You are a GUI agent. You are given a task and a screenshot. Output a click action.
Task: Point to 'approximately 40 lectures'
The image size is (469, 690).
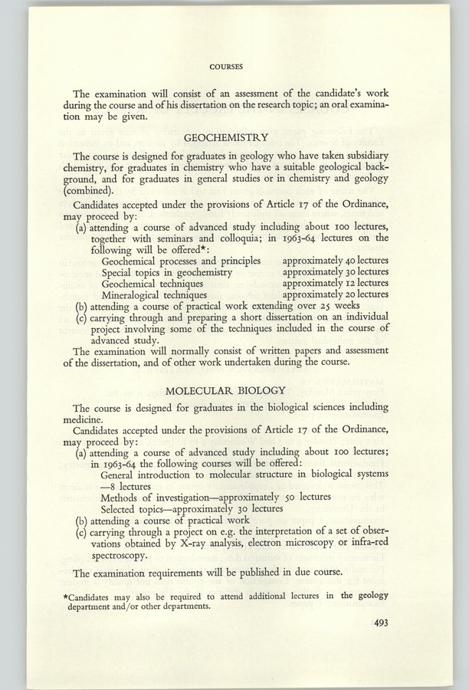tap(336, 260)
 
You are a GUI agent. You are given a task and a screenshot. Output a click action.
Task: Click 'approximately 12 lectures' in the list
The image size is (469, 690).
tap(336, 281)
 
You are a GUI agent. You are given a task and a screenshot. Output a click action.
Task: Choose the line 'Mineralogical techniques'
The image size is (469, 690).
tap(154, 293)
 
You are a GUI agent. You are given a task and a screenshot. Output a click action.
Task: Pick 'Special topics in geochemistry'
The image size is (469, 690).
tap(166, 271)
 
